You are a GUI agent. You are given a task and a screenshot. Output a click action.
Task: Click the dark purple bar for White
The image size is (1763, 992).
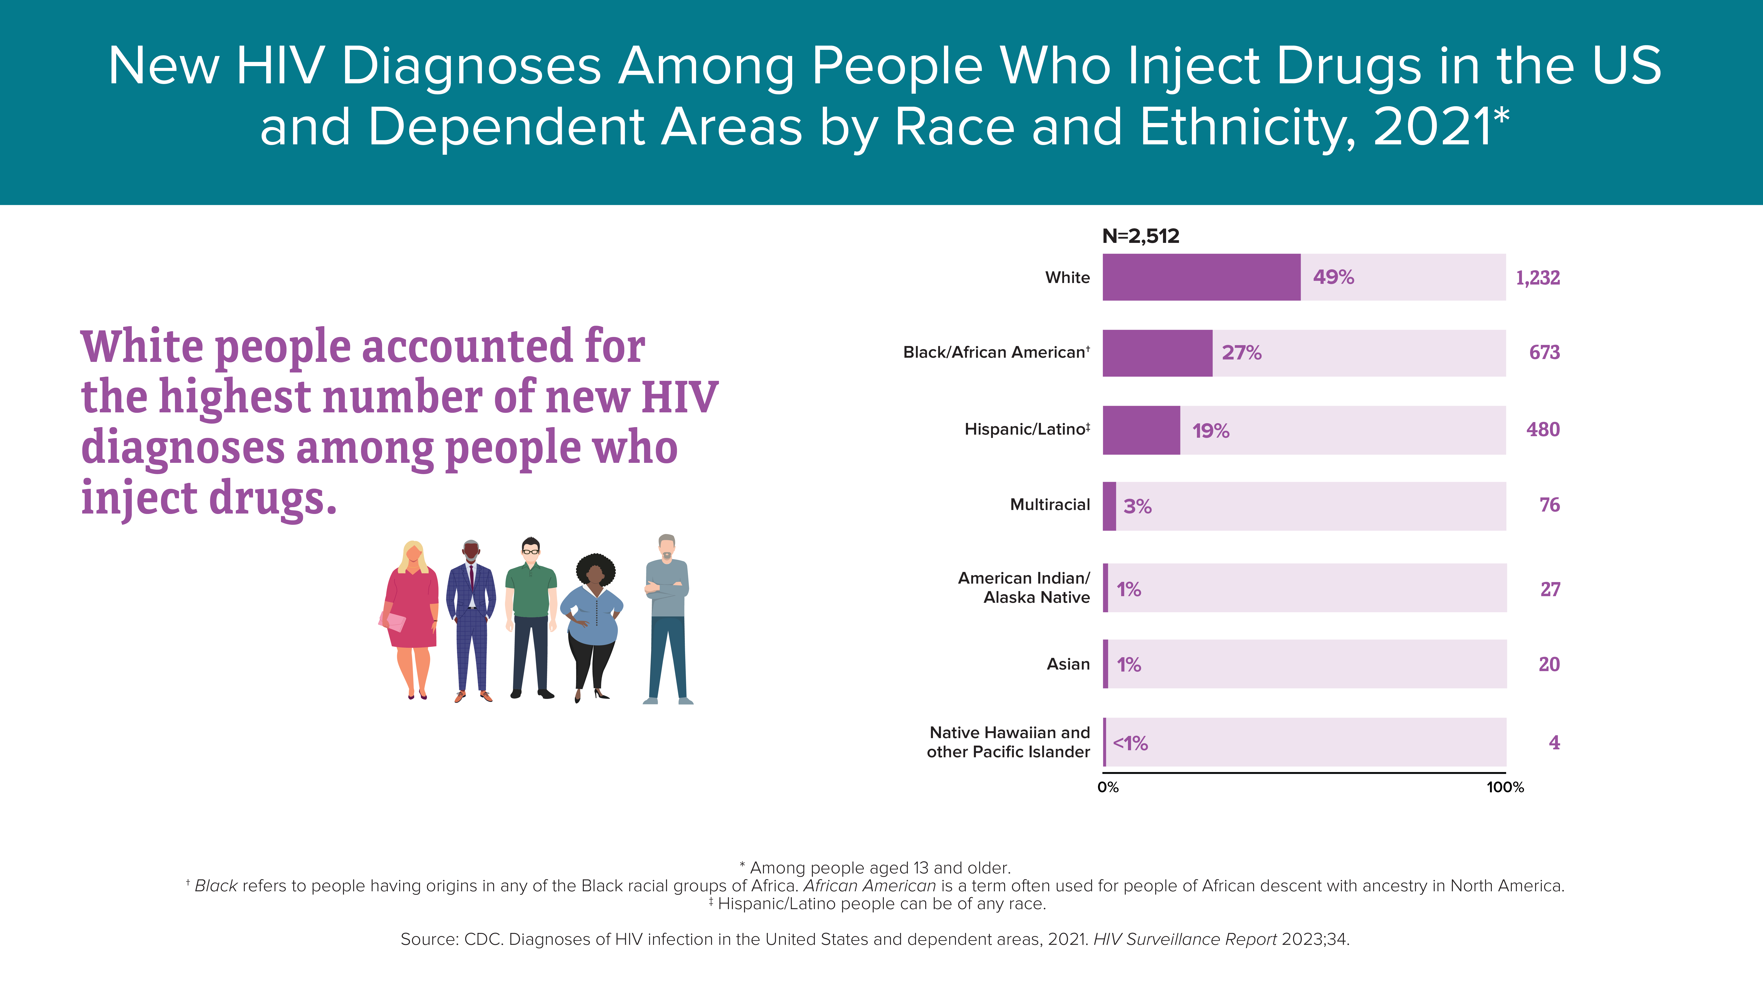point(1201,277)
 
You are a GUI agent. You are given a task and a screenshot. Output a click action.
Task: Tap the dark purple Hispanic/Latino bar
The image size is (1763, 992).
point(1141,430)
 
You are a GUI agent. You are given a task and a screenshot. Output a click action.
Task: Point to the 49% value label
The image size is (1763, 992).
point(1333,277)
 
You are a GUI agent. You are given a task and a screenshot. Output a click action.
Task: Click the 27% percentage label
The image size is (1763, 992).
point(1241,353)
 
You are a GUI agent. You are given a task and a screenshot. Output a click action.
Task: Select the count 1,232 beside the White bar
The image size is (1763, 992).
point(1538,278)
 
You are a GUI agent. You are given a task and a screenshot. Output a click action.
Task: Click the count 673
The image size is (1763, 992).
point(1545,353)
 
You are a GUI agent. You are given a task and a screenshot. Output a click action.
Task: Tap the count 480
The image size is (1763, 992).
point(1543,429)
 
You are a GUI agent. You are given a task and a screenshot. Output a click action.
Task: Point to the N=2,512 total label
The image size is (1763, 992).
point(1141,236)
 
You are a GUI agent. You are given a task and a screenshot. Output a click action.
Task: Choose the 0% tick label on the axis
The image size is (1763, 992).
point(1108,787)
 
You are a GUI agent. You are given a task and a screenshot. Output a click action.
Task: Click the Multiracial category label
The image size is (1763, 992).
point(1050,504)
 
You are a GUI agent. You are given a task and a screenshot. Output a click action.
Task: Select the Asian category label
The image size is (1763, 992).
point(1068,664)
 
